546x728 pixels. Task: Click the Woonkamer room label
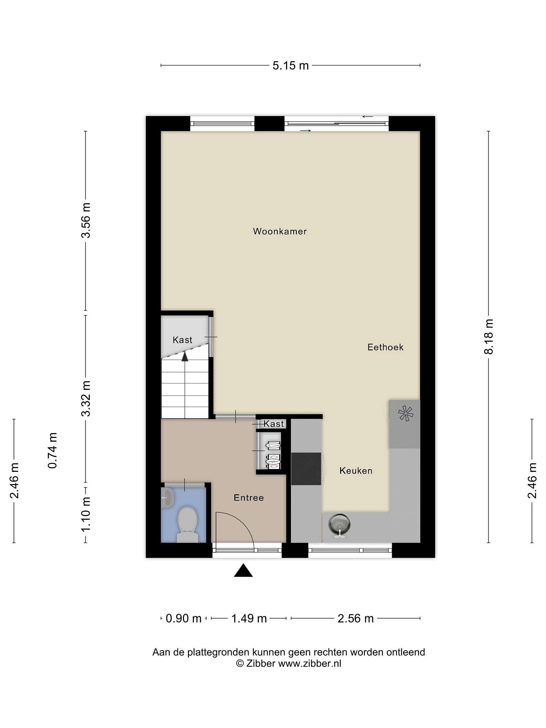(280, 231)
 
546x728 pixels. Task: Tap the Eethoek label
(385, 347)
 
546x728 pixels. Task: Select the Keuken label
(356, 471)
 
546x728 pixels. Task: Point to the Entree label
(248, 498)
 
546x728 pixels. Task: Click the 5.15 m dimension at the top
(291, 65)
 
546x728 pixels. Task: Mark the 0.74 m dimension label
(53, 450)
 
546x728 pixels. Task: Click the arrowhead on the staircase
(185, 356)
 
